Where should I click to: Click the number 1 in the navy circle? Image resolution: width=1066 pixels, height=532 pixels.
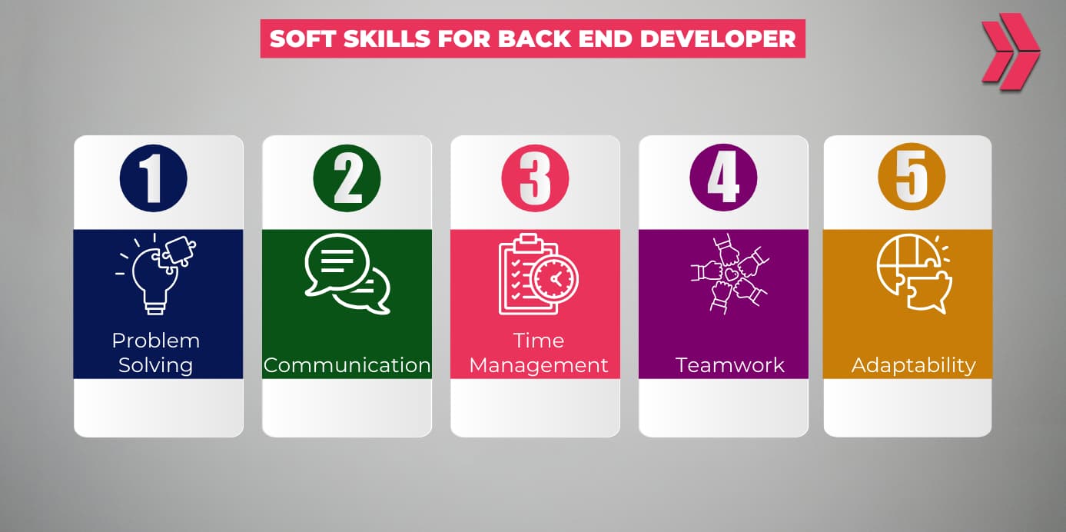click(x=154, y=178)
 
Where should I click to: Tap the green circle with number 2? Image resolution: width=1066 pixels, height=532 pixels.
click(x=347, y=178)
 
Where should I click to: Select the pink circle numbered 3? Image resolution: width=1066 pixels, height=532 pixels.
click(x=535, y=178)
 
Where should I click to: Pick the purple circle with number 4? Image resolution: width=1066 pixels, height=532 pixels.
click(x=723, y=178)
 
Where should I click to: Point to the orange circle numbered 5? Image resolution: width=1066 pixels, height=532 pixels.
click(x=912, y=178)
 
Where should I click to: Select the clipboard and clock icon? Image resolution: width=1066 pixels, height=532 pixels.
click(x=538, y=274)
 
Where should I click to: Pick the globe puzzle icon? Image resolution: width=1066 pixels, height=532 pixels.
click(x=913, y=273)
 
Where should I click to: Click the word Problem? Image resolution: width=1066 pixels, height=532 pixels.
click(x=155, y=341)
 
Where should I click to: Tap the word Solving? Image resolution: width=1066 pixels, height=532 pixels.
click(x=155, y=365)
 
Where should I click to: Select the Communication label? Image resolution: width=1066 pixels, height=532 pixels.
click(x=347, y=365)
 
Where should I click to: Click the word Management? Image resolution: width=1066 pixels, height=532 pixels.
click(x=538, y=365)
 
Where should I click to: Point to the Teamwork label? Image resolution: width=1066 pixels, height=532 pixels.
click(x=729, y=365)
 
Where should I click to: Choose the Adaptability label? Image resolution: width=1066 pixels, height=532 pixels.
click(x=913, y=365)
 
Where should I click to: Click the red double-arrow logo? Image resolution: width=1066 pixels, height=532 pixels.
click(x=1009, y=52)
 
